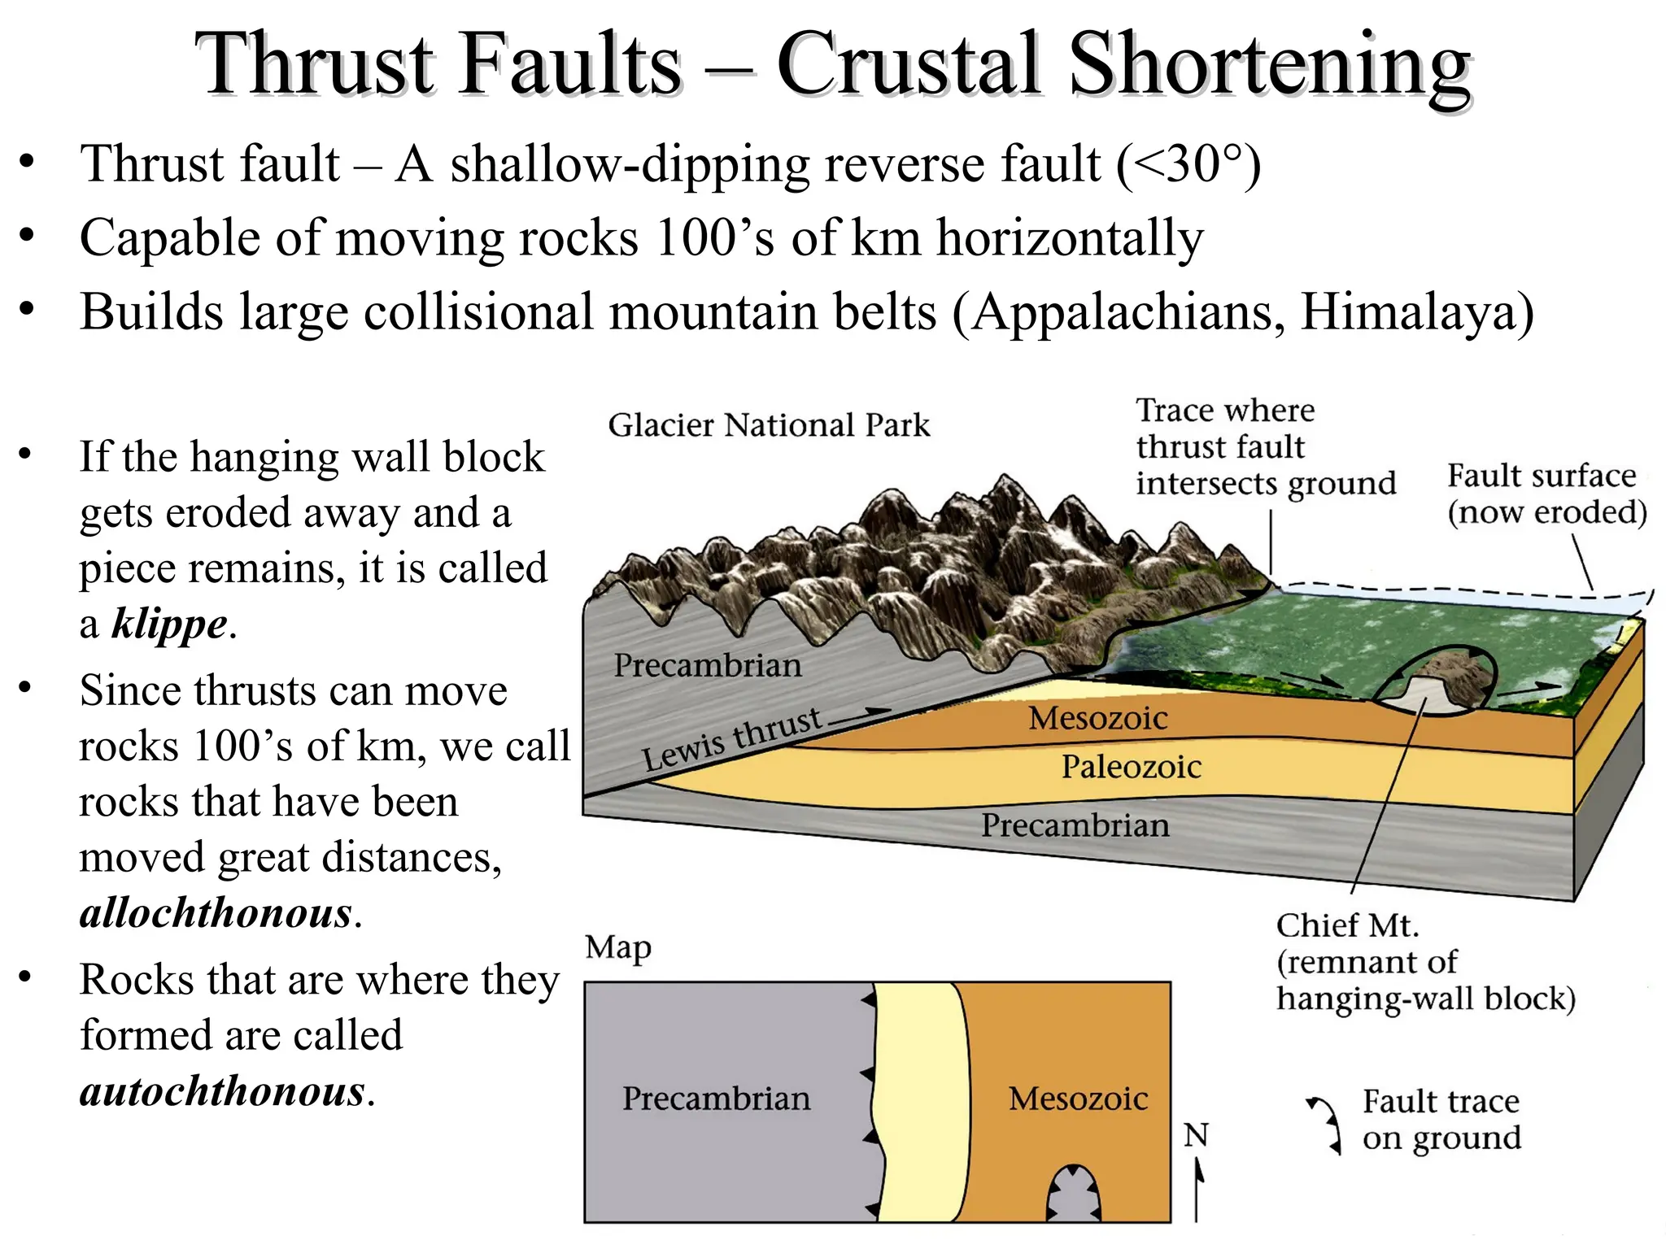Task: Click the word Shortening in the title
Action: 1269,65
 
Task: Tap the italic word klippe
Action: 169,624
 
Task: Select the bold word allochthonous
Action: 216,913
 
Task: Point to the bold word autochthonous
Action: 222,1091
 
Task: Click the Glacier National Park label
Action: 769,425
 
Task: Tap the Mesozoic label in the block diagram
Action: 1097,718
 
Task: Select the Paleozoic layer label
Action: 1131,767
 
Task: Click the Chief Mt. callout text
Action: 1346,926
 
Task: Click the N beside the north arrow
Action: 1195,1135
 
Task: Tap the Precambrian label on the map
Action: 716,1099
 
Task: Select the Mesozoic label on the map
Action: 1078,1099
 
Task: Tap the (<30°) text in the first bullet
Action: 1188,164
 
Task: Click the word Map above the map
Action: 618,947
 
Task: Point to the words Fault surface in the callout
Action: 1541,476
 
